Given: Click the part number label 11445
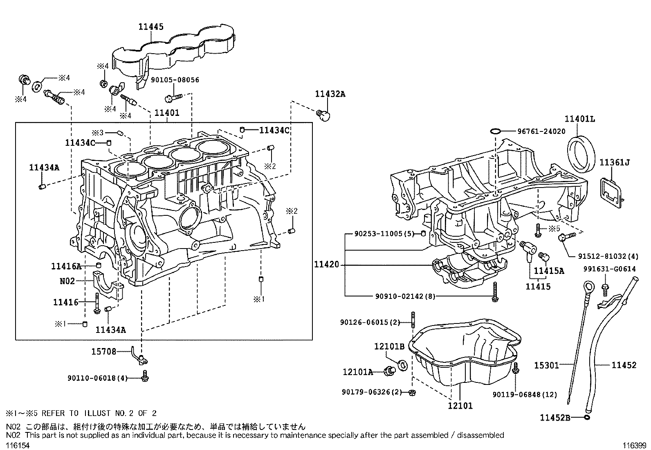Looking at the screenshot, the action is point(151,27).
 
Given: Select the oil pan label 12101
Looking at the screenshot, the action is point(460,405).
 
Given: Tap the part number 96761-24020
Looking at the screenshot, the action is point(541,131).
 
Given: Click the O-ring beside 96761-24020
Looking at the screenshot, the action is point(495,131).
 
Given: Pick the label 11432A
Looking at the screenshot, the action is point(330,94).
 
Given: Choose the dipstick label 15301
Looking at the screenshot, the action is point(547,365).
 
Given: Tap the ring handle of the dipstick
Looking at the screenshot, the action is point(588,286).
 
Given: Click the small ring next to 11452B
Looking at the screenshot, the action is point(587,418).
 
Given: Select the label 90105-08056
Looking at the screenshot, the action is point(175,80).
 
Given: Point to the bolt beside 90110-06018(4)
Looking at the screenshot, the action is point(145,376).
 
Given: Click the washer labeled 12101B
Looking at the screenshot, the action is point(402,365).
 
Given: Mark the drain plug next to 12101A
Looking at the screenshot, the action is point(389,371).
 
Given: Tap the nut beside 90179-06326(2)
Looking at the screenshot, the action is point(412,393).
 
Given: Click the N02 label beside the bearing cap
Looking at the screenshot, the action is point(67,281).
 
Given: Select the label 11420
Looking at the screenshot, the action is point(326,265).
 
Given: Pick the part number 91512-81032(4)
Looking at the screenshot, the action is point(608,256).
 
